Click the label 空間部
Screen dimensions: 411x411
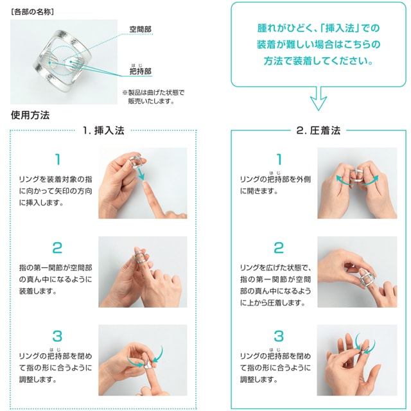click(x=141, y=29)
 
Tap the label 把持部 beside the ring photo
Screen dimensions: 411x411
click(x=141, y=71)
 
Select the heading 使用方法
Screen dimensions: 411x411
click(x=30, y=115)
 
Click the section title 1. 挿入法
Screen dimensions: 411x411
click(x=103, y=130)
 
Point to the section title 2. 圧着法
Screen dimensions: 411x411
click(x=319, y=130)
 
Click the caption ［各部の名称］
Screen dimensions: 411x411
click(x=33, y=12)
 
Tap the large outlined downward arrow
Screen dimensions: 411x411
click(x=319, y=99)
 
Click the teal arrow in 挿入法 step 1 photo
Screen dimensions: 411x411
click(x=140, y=173)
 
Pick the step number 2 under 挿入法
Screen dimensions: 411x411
click(x=57, y=248)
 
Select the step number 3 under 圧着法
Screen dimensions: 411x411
click(x=279, y=336)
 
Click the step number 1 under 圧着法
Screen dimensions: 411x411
click(x=279, y=159)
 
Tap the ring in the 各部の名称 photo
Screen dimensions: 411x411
click(x=63, y=62)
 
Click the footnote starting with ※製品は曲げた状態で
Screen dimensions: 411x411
click(x=153, y=97)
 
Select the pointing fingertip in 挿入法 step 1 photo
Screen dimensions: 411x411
click(x=147, y=186)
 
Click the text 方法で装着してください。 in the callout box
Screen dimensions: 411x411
click(x=319, y=61)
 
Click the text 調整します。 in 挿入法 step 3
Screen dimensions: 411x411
click(x=38, y=380)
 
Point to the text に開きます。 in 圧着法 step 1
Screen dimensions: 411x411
click(x=259, y=191)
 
